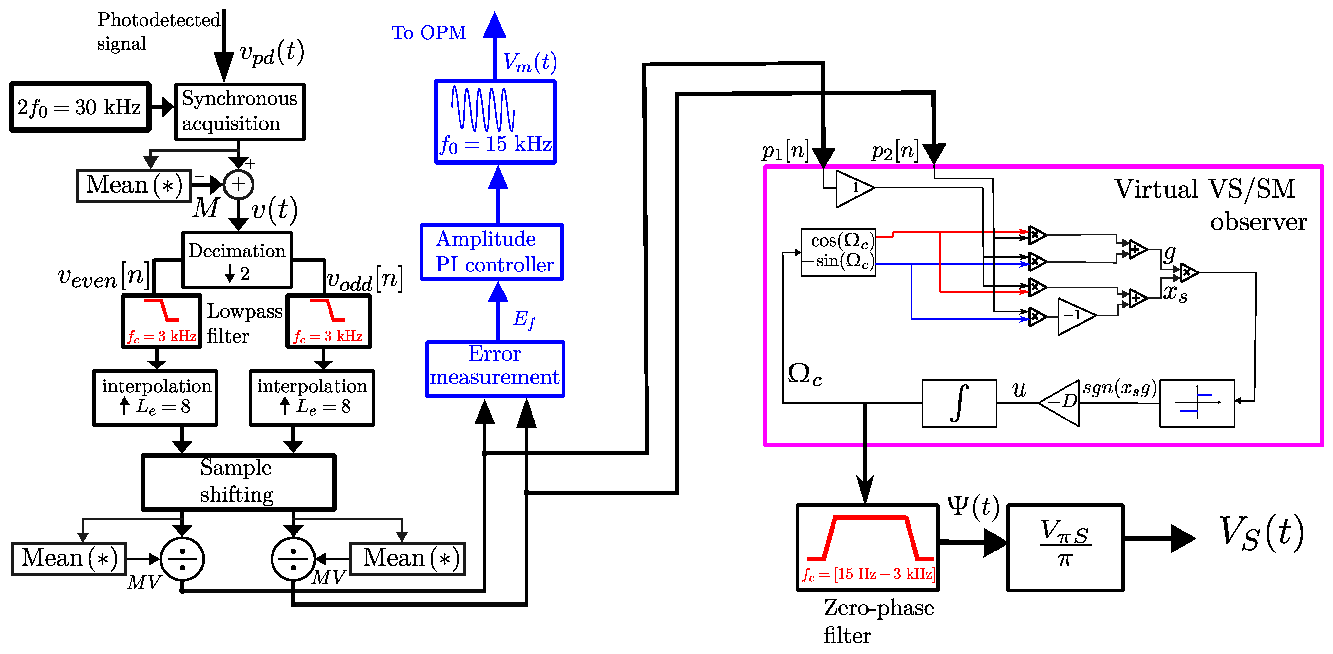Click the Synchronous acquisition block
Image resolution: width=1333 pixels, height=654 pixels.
[x=240, y=112]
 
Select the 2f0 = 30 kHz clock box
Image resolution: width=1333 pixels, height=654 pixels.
[x=80, y=107]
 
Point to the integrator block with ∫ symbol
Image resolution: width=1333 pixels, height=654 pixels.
[x=959, y=403]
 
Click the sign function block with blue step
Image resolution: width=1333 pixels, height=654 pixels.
[x=1197, y=403]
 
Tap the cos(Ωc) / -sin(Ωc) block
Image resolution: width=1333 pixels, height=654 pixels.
[x=838, y=252]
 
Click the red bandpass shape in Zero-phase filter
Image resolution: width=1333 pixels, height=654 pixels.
[x=871, y=538]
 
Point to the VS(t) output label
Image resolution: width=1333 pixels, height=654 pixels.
[x=1261, y=533]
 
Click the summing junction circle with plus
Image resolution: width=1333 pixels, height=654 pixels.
[x=238, y=184]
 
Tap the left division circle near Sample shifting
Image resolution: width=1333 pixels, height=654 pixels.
[x=182, y=559]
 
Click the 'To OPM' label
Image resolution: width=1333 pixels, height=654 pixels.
[x=428, y=33]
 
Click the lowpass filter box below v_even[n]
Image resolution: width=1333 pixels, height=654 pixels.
[x=161, y=321]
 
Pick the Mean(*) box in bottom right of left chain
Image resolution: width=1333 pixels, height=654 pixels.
[x=408, y=559]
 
